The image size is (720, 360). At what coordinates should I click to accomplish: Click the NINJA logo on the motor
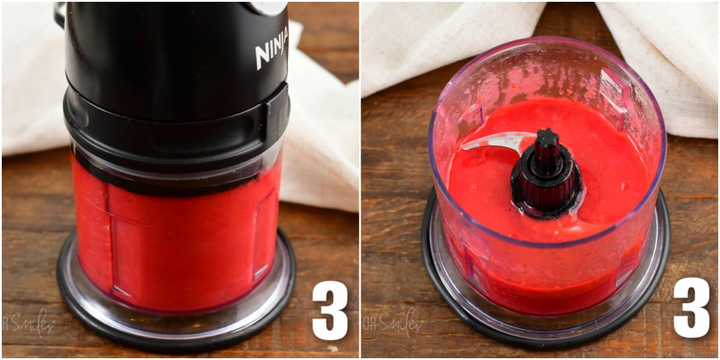click(x=271, y=48)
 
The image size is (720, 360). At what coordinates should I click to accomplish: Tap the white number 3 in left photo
click(x=329, y=310)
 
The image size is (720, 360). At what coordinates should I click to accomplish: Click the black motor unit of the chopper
click(x=174, y=54)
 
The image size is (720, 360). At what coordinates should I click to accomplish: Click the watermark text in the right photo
click(x=393, y=324)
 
